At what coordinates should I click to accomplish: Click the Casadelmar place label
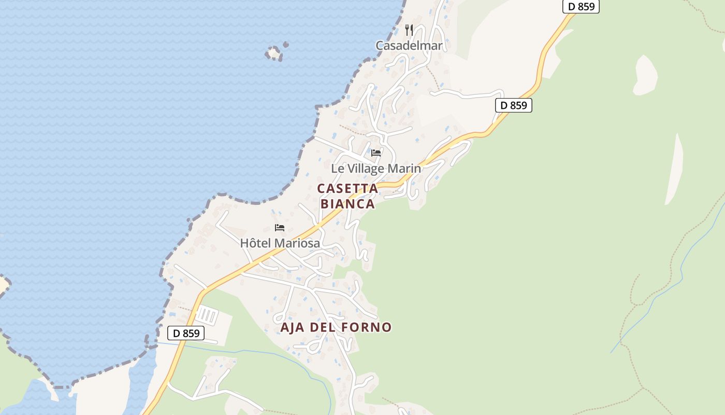[409, 46]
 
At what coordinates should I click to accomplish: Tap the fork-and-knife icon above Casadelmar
[409, 30]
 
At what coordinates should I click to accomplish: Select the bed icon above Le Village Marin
[376, 153]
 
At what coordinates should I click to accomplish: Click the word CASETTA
[347, 188]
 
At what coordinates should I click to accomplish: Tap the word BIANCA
[347, 204]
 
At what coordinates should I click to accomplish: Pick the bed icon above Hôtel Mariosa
[280, 227]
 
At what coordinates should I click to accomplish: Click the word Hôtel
[256, 243]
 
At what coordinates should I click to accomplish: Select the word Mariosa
[297, 243]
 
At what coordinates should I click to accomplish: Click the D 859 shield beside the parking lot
[186, 333]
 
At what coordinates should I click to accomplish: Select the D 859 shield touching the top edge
[581, 6]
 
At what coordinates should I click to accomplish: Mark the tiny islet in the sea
[274, 53]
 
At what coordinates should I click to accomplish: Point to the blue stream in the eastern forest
[653, 306]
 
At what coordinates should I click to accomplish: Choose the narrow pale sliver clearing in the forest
[674, 169]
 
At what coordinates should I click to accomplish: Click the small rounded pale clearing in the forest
[645, 75]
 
